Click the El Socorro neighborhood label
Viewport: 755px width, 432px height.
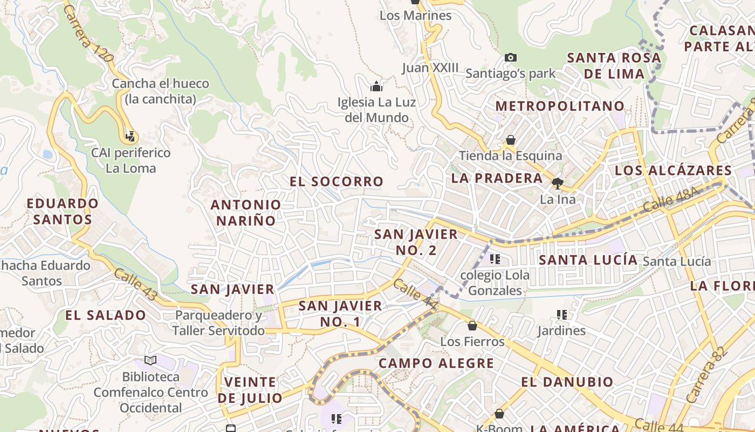click(x=337, y=181)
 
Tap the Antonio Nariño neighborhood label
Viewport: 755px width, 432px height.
click(x=245, y=212)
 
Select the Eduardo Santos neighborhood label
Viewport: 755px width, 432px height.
click(x=63, y=211)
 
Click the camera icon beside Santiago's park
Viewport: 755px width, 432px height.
click(x=510, y=57)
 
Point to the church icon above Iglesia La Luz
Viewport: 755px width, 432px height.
click(x=376, y=86)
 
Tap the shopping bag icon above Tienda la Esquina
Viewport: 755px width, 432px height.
click(x=510, y=140)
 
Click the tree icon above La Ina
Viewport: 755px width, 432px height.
click(x=557, y=184)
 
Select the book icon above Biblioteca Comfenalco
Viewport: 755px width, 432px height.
click(x=150, y=360)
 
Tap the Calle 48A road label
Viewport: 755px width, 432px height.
click(x=671, y=199)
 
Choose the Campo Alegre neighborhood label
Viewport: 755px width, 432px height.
click(x=436, y=363)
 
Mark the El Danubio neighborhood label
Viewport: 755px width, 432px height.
click(x=567, y=382)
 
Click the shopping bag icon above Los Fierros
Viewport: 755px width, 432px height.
click(x=472, y=326)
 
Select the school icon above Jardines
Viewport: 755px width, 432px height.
click(x=561, y=315)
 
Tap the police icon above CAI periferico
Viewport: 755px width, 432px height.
click(x=129, y=137)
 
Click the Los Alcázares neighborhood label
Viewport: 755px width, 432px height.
click(x=673, y=171)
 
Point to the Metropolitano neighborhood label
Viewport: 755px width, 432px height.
click(x=560, y=106)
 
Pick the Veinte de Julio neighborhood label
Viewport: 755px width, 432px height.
click(x=250, y=390)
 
